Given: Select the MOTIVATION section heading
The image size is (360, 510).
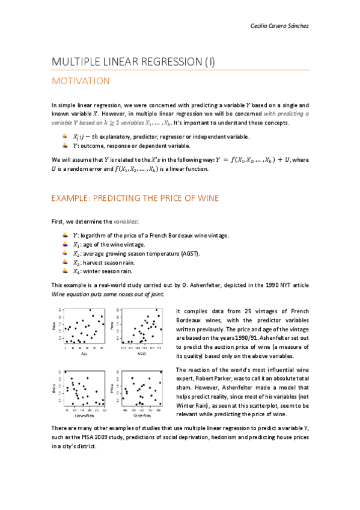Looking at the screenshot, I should (81, 81).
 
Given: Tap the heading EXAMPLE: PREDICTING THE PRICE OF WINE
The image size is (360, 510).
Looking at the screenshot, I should (135, 198).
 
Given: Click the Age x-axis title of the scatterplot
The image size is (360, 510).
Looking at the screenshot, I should (85, 354).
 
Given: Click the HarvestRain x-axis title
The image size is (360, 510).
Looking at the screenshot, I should (85, 415).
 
